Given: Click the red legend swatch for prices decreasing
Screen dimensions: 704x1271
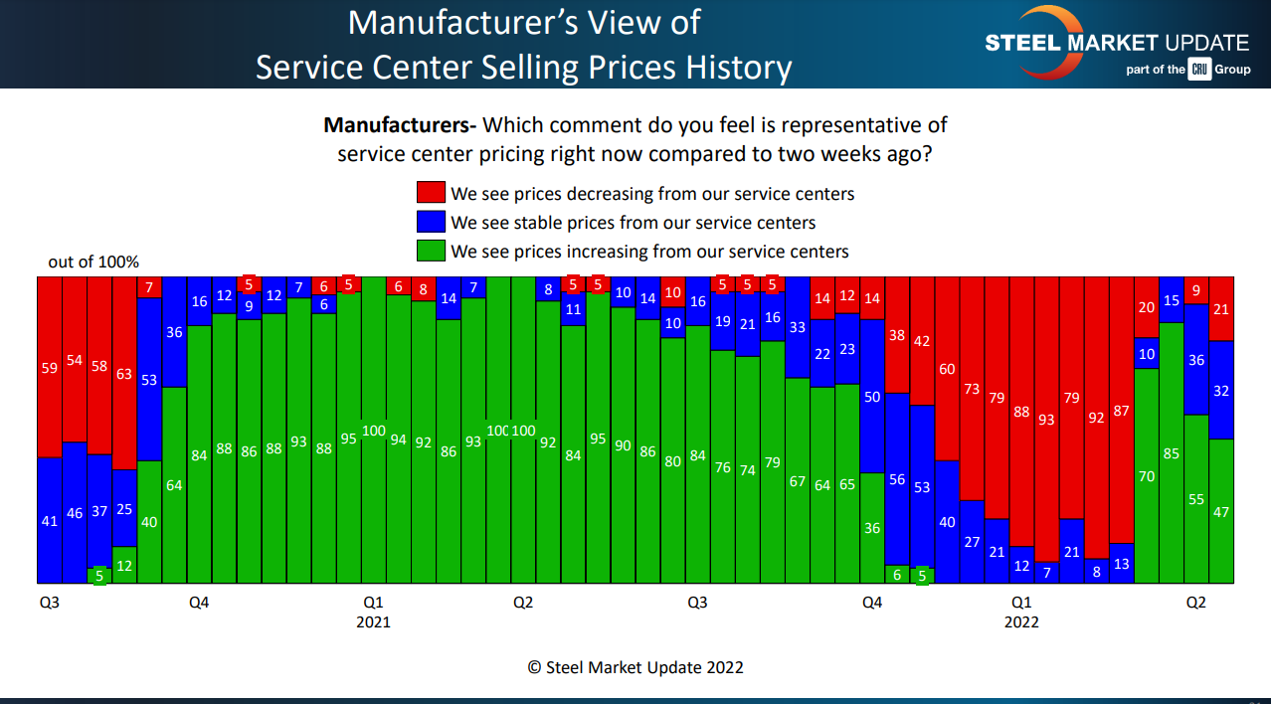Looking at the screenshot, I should tap(431, 193).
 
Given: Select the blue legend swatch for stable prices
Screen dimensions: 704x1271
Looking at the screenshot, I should tap(431, 222).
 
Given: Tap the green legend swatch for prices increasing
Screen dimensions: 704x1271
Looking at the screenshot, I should tap(431, 251).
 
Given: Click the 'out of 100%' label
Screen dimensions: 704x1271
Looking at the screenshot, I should tap(93, 263).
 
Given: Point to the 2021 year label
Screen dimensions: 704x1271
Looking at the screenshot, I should tap(373, 622).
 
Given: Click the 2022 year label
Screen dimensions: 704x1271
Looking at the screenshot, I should tap(1021, 622).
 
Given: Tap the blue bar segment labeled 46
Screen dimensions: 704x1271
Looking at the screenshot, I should tap(75, 512).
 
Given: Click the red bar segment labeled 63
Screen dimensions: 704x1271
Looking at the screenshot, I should tap(124, 373).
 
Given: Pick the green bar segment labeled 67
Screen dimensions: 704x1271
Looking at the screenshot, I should tap(798, 480).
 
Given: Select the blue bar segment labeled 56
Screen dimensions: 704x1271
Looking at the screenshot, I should tap(897, 479).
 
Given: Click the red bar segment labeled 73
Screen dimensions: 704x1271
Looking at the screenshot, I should tap(972, 389).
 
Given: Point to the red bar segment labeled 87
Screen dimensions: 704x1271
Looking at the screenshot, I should tap(1121, 410).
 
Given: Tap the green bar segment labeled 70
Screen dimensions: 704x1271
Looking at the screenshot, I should tap(1147, 475).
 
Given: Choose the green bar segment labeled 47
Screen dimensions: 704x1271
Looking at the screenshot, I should tap(1221, 511).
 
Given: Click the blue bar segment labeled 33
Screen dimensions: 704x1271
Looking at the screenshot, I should tap(798, 327).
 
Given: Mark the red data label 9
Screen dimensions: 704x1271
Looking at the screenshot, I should tap(1196, 290).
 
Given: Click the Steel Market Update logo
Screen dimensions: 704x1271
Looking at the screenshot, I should tap(1116, 44).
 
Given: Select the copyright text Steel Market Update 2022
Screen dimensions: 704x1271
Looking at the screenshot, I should tap(635, 667).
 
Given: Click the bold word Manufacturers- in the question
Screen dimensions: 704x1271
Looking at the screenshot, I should tap(400, 125).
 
